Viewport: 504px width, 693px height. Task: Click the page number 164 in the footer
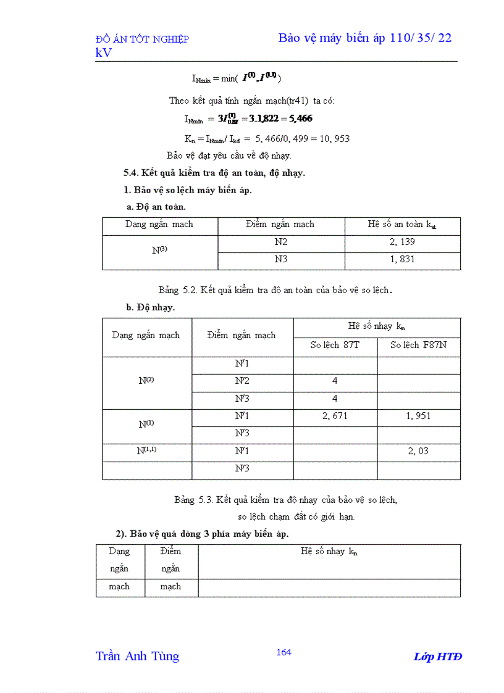coord(283,652)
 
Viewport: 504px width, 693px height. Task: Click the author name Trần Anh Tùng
coord(137,656)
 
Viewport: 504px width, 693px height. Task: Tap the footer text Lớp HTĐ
coord(437,657)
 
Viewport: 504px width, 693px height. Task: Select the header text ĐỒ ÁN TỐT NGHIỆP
coord(142,39)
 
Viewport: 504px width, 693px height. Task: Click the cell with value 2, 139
coord(402,242)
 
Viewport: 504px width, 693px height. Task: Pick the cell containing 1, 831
coord(402,259)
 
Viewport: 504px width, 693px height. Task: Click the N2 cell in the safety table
coord(281,242)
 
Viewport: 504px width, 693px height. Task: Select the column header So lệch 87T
coord(335,345)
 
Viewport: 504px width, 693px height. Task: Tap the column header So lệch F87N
coord(418,345)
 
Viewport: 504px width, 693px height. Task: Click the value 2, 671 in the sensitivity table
coord(335,416)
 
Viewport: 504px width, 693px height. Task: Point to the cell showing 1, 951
coord(418,416)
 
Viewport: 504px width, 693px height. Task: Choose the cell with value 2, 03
coord(418,451)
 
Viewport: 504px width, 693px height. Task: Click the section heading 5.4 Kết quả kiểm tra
coord(214,173)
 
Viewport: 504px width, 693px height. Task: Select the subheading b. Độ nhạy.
coord(150,307)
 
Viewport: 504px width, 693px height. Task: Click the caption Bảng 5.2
coord(275,289)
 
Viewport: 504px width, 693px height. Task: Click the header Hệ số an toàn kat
coord(402,225)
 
